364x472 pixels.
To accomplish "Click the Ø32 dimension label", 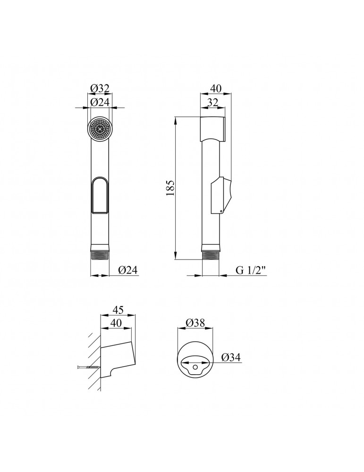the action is tap(99, 88).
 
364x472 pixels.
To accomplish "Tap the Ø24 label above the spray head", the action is tap(99, 102).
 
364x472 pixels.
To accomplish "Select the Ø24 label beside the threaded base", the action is tap(127, 270).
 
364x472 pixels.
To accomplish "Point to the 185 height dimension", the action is tap(170, 188).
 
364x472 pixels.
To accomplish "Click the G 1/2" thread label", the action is tap(251, 270).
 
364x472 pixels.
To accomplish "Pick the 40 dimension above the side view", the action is tap(216, 89).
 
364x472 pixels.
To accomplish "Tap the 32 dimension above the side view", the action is tap(212, 102).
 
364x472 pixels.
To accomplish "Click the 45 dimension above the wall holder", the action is tap(118, 310).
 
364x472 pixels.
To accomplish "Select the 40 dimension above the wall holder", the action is tap(116, 323).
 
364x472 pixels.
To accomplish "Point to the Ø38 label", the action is tap(195, 323).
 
